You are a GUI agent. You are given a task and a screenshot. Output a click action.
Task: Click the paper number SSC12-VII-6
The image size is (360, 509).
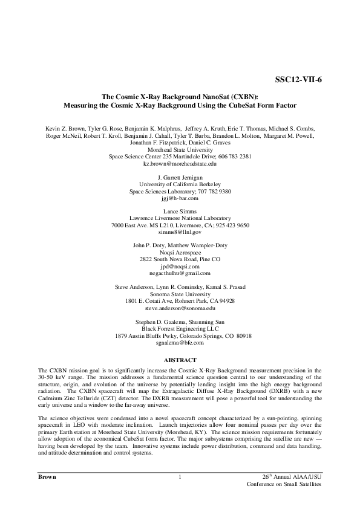(300, 80)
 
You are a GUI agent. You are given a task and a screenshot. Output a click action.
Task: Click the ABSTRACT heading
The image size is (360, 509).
(180, 360)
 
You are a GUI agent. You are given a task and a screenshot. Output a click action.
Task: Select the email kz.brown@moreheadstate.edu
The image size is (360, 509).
(180, 164)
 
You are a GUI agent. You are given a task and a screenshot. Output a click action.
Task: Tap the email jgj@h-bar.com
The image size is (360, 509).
(180, 198)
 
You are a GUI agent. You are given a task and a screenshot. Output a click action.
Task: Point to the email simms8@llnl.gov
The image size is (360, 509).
(180, 232)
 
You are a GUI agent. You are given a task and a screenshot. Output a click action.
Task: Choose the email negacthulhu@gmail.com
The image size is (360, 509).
(180, 273)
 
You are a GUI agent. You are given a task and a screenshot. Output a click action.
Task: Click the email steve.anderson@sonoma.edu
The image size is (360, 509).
(180, 308)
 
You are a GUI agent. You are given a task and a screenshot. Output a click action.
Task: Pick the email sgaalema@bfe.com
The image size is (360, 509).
(180, 342)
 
